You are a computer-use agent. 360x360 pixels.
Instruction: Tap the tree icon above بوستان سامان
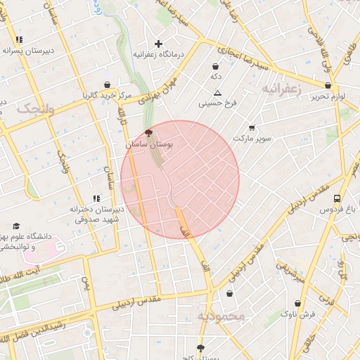(x=148, y=132)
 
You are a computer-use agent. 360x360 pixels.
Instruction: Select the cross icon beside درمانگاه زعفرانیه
(x=158, y=44)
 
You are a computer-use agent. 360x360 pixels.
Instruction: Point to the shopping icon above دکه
(x=214, y=67)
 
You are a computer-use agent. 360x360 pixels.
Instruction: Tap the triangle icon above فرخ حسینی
(x=217, y=94)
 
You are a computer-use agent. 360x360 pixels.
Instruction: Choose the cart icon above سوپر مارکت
(x=252, y=128)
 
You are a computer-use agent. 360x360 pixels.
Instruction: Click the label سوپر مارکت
(x=252, y=139)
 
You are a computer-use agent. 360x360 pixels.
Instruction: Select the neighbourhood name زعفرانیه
(x=282, y=89)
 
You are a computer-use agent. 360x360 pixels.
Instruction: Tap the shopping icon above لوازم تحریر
(x=328, y=86)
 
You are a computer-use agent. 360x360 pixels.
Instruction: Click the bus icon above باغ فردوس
(x=337, y=199)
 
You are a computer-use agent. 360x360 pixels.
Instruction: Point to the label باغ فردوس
(x=336, y=210)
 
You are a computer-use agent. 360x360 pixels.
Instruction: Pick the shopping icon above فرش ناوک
(x=298, y=304)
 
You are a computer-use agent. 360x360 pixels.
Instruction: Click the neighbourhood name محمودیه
(x=222, y=316)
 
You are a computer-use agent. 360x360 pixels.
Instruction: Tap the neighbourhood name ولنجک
(x=34, y=108)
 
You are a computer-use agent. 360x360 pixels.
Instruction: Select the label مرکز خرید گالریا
(x=106, y=94)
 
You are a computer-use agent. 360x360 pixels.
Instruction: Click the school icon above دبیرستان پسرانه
(x=20, y=40)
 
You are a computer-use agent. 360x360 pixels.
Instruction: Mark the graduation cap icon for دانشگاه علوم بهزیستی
(x=16, y=226)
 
